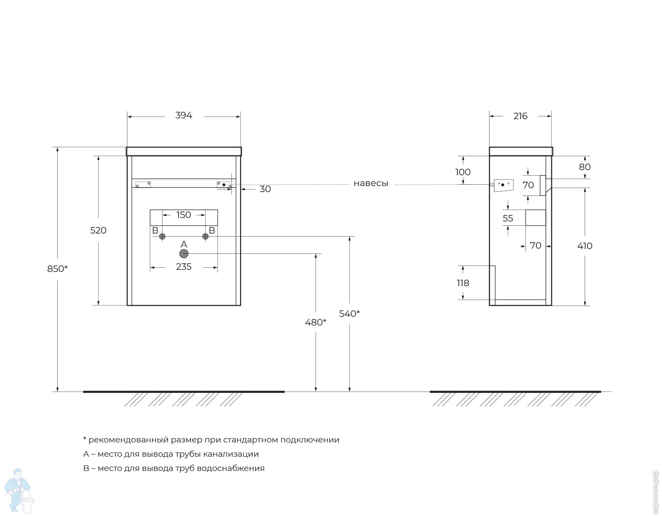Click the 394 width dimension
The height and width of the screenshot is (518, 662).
(184, 115)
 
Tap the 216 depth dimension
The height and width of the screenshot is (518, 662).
(520, 116)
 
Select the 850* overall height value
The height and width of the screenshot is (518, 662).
(57, 269)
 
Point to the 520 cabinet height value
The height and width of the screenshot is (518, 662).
(98, 231)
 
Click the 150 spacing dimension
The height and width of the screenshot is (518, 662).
(184, 215)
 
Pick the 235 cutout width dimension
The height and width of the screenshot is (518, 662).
(184, 267)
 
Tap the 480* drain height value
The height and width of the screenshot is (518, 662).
(316, 322)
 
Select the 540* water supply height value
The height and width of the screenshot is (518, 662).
(349, 314)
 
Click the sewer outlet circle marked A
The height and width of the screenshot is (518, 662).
(184, 254)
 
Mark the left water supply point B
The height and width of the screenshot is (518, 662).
(162, 236)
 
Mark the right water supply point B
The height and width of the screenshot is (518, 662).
(205, 236)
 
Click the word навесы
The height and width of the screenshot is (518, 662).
(371, 183)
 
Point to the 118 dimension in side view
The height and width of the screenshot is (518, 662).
(463, 283)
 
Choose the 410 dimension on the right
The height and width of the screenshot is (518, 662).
(585, 246)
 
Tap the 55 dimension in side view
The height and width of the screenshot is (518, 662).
(508, 218)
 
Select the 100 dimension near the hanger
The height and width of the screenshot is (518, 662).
(463, 172)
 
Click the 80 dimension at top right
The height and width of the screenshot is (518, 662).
(585, 167)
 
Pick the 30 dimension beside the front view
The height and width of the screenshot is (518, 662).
(265, 189)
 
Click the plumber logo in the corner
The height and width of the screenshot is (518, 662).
(19, 491)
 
